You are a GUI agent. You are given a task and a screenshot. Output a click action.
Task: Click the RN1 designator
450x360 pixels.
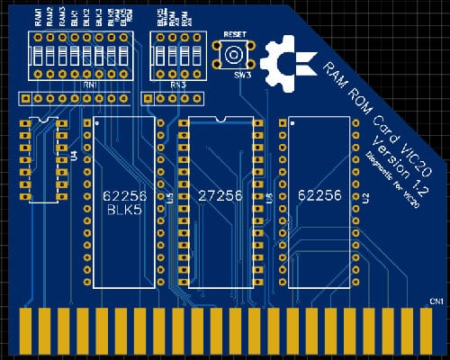click(x=91, y=84)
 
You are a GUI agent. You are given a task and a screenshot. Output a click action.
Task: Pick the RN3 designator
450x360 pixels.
click(x=177, y=84)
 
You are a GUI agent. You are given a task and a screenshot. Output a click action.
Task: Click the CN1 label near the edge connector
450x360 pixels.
click(x=436, y=300)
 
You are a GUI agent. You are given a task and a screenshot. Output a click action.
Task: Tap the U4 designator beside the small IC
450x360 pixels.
click(x=73, y=155)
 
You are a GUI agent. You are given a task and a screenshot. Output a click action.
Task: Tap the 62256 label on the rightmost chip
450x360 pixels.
click(x=317, y=194)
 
